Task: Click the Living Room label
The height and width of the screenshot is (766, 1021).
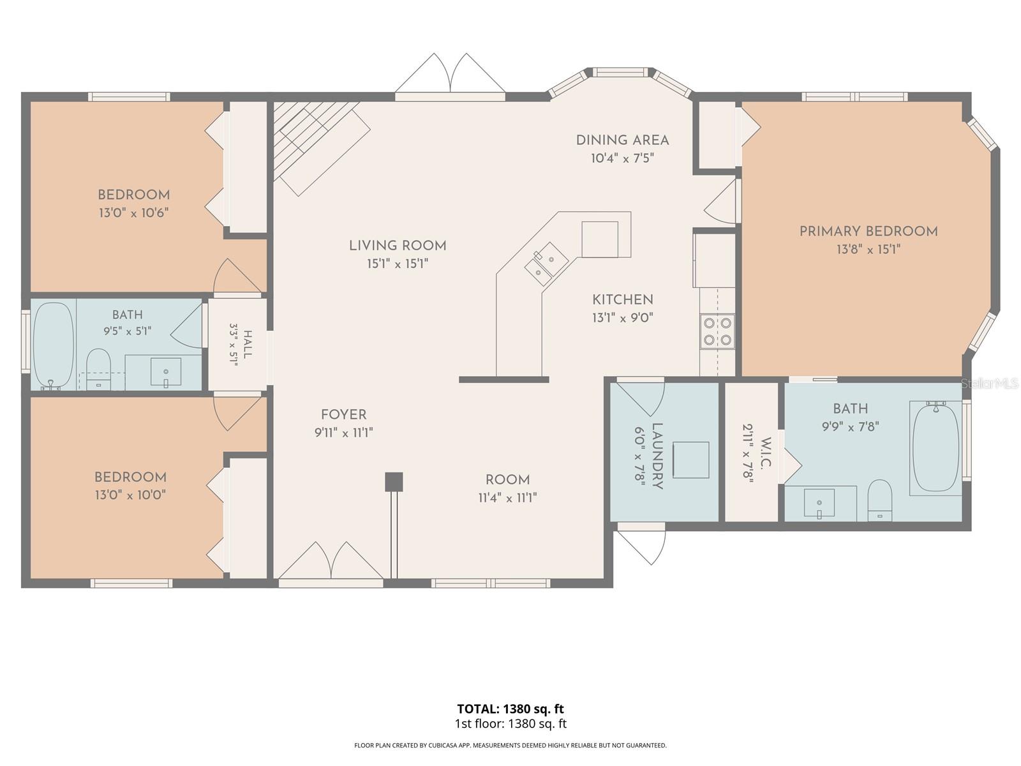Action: (x=398, y=246)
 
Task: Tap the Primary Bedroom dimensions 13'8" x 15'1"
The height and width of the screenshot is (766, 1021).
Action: (x=868, y=250)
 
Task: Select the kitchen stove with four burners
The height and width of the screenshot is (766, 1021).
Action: (x=717, y=331)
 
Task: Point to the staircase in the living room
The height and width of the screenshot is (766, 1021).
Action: (x=321, y=148)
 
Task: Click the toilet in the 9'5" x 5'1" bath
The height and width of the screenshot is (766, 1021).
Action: (x=99, y=369)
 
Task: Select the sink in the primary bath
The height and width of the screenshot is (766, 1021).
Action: (x=819, y=503)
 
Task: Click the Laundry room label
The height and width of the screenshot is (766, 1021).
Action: (x=657, y=456)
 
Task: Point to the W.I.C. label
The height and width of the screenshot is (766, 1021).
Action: (x=766, y=453)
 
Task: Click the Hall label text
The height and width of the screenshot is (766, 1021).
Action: (x=248, y=344)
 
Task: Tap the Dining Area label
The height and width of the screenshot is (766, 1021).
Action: (x=622, y=140)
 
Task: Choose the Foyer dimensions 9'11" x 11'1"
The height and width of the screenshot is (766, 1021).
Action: (x=344, y=433)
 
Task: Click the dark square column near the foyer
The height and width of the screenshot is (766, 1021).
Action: (x=394, y=481)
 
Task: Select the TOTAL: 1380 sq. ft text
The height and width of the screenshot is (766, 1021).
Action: (x=511, y=709)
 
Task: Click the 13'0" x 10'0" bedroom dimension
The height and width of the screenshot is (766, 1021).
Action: (x=130, y=494)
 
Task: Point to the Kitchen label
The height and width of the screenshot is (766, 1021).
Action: (x=622, y=299)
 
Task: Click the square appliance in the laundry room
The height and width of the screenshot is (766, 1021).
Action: (x=690, y=460)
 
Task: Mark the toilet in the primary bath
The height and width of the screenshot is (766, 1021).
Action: (x=880, y=500)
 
